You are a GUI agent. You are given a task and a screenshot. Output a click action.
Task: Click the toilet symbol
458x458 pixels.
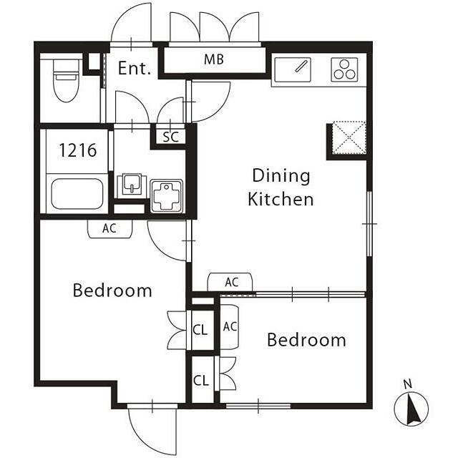coord(67,80)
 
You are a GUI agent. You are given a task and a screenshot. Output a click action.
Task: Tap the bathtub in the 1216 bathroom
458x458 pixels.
coord(77,193)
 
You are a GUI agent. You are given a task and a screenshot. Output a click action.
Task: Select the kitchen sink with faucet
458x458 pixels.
coord(293,70)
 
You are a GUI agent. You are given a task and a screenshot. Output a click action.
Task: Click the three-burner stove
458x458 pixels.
coord(345,69)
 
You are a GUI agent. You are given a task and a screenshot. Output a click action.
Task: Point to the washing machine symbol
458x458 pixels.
coord(167,195)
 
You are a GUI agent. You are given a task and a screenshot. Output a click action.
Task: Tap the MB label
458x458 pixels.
coord(214,59)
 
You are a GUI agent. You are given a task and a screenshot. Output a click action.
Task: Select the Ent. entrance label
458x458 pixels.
coord(135,69)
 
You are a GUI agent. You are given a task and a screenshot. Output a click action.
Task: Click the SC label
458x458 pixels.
coord(170,137)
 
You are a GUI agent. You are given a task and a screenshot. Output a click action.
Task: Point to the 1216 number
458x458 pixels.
coord(78,150)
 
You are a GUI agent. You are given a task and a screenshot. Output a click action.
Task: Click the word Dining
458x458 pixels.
coord(281,176)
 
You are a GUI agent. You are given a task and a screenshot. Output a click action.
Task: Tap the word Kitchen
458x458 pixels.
coord(281,199)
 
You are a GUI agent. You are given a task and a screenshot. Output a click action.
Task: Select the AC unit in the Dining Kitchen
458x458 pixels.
coord(230,282)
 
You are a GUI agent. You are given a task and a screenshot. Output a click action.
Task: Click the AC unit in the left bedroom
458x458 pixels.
coord(109,229)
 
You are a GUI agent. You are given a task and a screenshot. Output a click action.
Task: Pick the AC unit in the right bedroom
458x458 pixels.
coord(230,327)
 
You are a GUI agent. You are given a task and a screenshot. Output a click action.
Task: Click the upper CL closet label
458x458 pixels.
coord(200,330)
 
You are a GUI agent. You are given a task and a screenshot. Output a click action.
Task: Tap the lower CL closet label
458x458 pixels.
coord(201,380)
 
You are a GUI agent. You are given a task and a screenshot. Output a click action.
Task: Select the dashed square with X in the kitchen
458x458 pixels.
coord(349,137)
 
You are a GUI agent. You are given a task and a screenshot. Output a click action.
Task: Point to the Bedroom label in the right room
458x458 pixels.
coord(306,340)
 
